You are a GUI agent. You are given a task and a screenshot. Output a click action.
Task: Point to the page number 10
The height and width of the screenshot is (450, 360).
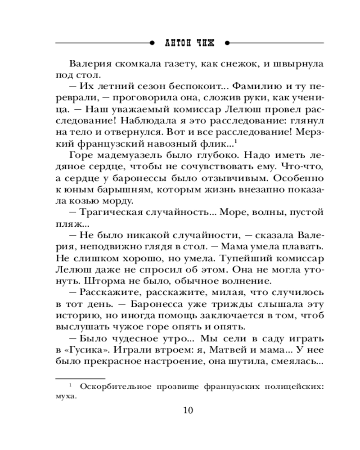click(188, 410)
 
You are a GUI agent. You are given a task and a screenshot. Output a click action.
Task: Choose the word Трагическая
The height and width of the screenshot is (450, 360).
click(112, 212)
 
